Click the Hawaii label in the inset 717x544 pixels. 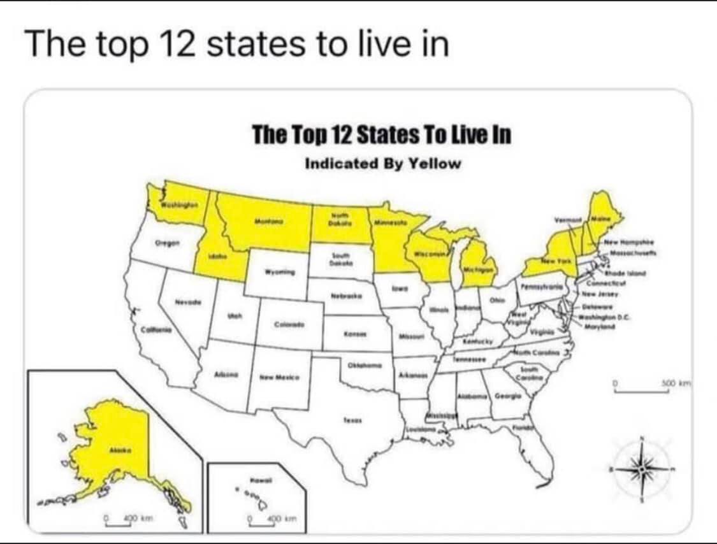(257, 478)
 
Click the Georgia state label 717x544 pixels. (507, 396)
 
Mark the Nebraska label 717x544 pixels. (347, 297)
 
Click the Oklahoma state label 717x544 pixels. (364, 367)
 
